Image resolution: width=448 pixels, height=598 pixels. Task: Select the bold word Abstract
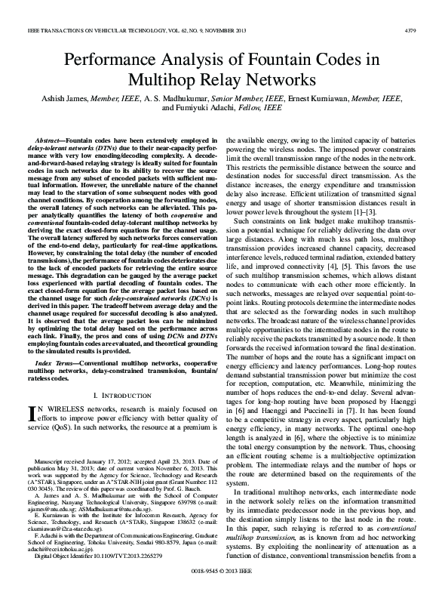pyautogui.click(x=51, y=141)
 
